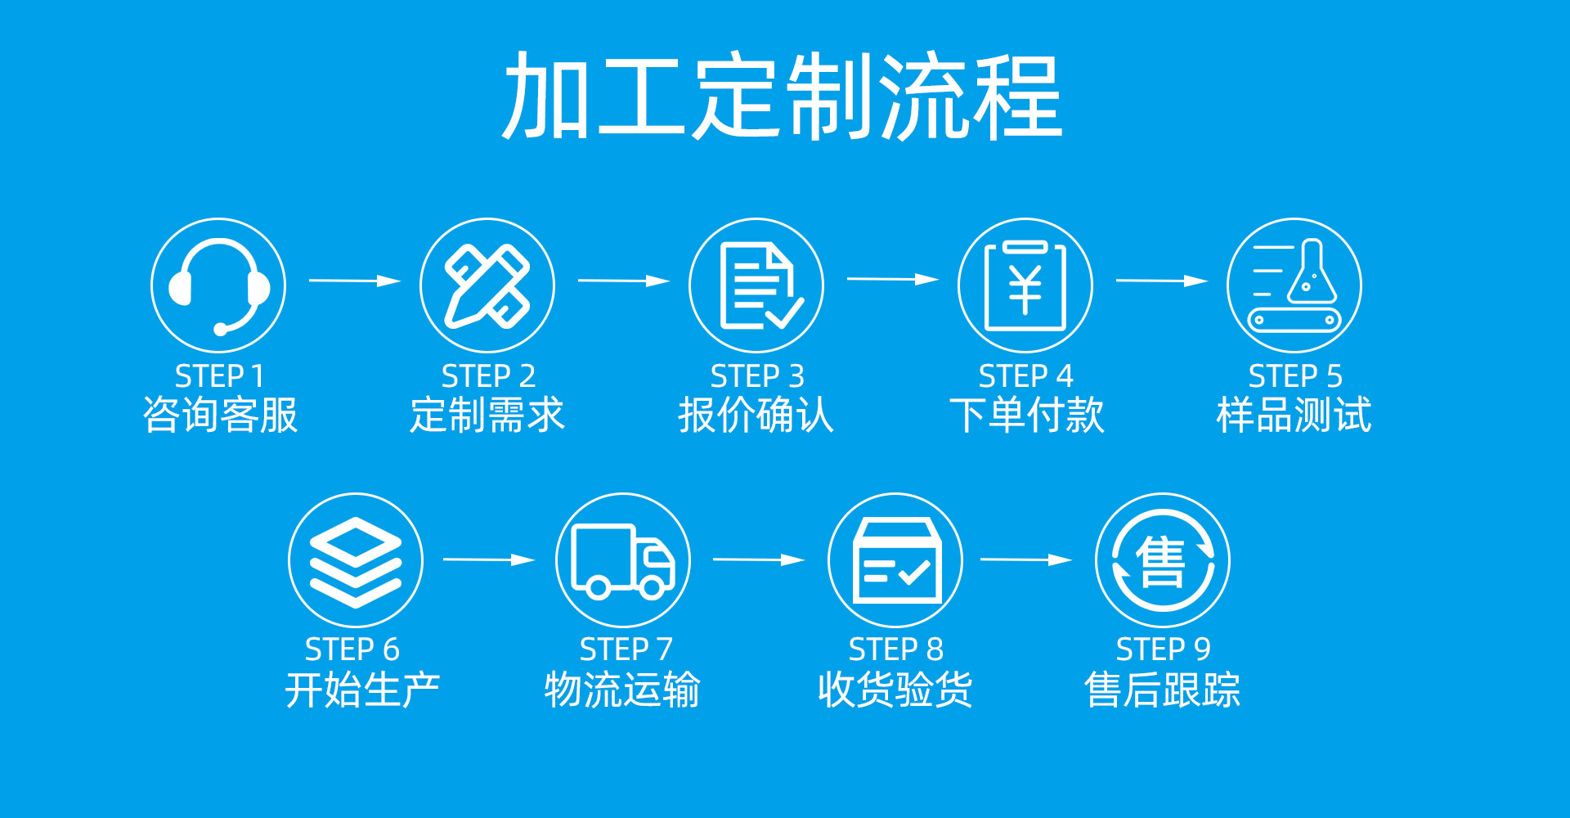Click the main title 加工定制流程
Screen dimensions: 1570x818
(782, 97)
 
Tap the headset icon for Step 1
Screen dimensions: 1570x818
(218, 285)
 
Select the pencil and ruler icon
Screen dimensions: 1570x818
(487, 285)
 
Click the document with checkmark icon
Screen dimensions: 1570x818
(756, 285)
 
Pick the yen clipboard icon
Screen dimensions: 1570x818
(1025, 285)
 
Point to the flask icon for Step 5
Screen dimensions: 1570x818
(1294, 285)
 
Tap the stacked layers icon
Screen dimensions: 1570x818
(356, 560)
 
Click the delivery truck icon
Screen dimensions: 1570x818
(623, 560)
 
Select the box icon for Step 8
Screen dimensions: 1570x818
(895, 560)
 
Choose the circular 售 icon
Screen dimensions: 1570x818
(1163, 560)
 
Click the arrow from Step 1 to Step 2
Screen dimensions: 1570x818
(355, 281)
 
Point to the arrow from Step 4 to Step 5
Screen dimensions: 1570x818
(1161, 281)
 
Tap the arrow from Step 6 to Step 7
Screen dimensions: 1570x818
(489, 560)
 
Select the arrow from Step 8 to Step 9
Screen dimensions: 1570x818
(1026, 560)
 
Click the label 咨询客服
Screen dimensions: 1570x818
(220, 415)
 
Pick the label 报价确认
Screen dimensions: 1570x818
(756, 415)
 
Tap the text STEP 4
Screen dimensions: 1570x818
(1025, 376)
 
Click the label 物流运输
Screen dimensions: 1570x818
(622, 689)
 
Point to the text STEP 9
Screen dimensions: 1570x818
(1163, 649)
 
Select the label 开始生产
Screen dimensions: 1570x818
(362, 689)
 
